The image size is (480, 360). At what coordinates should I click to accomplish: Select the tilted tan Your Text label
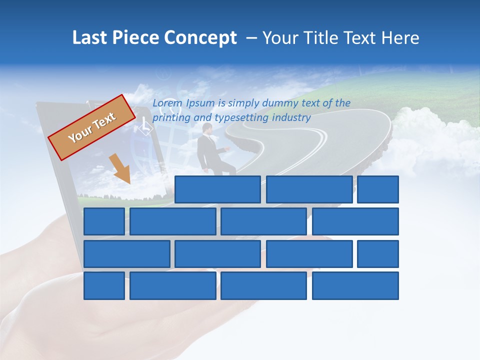point(92,127)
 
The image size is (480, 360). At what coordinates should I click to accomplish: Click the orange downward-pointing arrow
point(120,169)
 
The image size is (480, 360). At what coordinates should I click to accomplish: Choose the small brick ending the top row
point(378,189)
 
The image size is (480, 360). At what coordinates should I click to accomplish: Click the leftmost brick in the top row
point(217,189)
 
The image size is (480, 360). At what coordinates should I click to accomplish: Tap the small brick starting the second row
point(104,221)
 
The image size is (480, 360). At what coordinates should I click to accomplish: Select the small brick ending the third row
point(378,254)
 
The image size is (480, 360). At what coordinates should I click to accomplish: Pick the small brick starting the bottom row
point(104,285)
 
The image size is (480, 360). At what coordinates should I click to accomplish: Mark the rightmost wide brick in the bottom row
point(355,285)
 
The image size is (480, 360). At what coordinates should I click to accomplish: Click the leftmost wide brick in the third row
point(126,254)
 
